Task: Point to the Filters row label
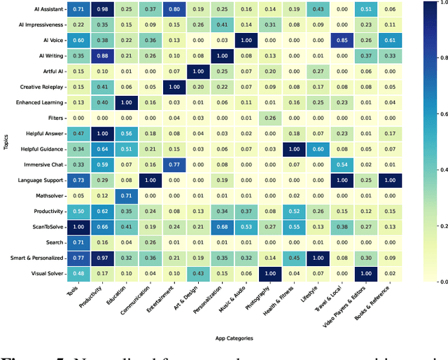(x=55, y=118)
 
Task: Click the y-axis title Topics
(x=6, y=141)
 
